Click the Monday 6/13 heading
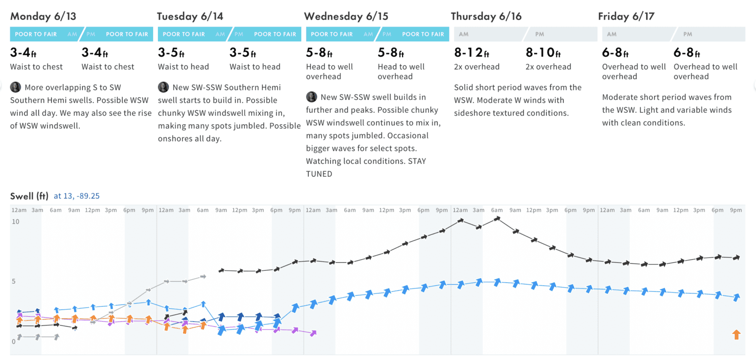pyautogui.click(x=43, y=16)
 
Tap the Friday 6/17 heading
pyautogui.click(x=626, y=16)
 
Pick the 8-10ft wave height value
pyautogui.click(x=543, y=53)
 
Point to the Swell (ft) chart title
pyautogui.click(x=29, y=196)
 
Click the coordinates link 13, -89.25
pyautogui.click(x=77, y=196)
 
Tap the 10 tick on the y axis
pyautogui.click(x=16, y=222)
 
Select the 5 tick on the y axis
pyautogui.click(x=14, y=282)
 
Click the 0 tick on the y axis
pyautogui.click(x=14, y=341)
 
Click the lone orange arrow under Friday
pyautogui.click(x=736, y=335)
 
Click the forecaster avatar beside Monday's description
pyautogui.click(x=15, y=87)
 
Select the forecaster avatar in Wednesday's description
pyautogui.click(x=312, y=97)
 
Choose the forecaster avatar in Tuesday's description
pyautogui.click(x=163, y=87)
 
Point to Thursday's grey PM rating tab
pyautogui.click(x=562, y=34)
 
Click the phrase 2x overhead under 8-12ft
pyautogui.click(x=476, y=67)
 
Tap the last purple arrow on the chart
pyautogui.click(x=313, y=333)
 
